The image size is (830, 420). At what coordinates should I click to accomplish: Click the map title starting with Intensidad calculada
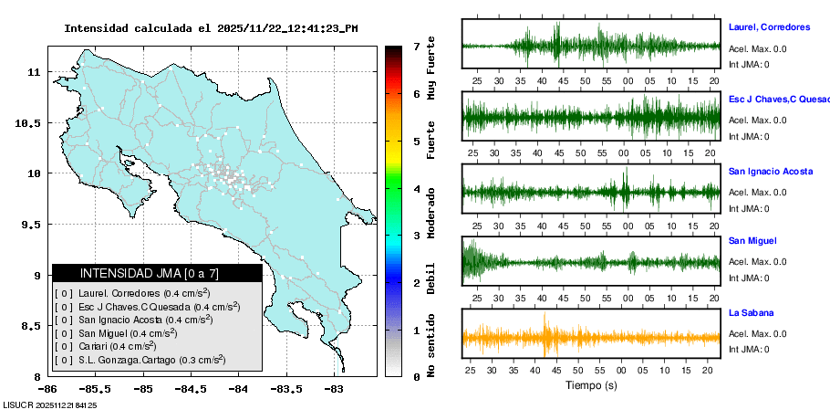211,28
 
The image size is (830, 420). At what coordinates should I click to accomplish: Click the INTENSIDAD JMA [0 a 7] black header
157,273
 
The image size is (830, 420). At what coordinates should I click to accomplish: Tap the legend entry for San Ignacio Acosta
135,320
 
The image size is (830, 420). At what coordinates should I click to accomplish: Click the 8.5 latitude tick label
29,326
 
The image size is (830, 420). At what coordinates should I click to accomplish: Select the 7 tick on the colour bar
416,46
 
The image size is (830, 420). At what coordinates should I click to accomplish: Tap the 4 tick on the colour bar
416,189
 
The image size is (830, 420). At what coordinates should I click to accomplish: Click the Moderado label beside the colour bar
431,213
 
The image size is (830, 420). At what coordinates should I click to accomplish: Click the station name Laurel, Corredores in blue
770,26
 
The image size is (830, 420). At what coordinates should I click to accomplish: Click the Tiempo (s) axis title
591,385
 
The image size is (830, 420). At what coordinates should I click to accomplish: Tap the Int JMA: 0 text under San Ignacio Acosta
749,206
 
